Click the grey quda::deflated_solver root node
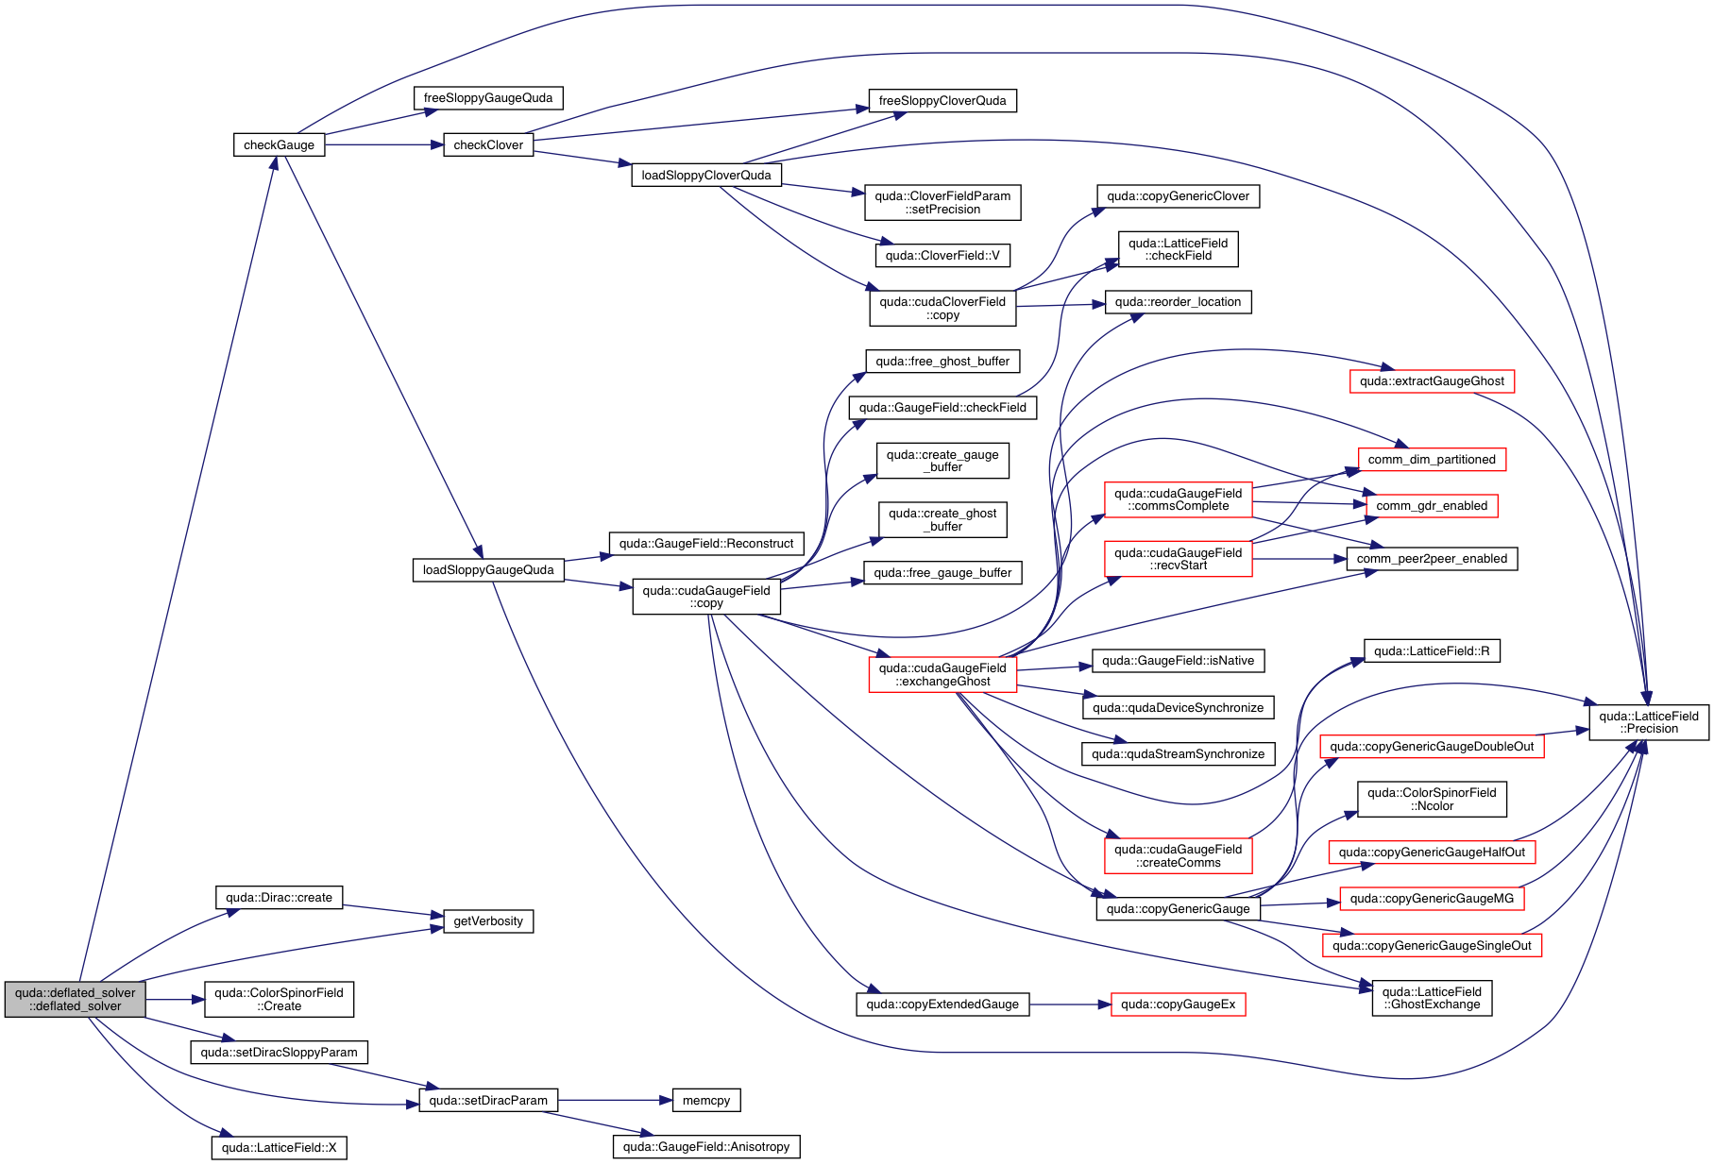coord(76,999)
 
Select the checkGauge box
coord(279,144)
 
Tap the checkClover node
coord(488,144)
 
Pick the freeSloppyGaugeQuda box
coord(488,98)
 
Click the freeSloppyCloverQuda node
coord(942,101)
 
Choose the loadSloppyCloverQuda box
coord(706,175)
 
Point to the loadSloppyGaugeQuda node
coord(488,570)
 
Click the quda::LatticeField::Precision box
coord(1649,722)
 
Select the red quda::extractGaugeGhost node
coord(1432,381)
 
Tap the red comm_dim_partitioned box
coord(1432,460)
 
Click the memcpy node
coord(706,1101)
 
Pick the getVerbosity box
coord(488,921)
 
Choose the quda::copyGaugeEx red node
coord(1179,1005)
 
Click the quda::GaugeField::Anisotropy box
coord(706,1147)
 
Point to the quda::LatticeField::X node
coord(279,1148)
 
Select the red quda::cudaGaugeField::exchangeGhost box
coord(942,675)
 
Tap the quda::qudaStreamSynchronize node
coord(1179,754)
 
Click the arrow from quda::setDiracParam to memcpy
coord(614,1101)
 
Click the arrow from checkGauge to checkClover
coord(383,144)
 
